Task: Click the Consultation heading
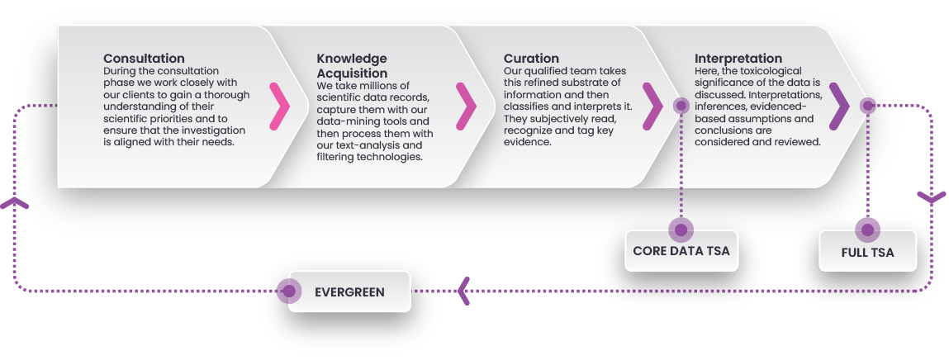pyautogui.click(x=144, y=59)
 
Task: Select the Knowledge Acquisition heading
pyautogui.click(x=352, y=66)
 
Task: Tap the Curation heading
pyautogui.click(x=531, y=59)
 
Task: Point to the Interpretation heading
pyautogui.click(x=738, y=59)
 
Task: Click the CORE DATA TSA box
pyautogui.click(x=681, y=251)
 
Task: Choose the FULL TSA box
pyautogui.click(x=867, y=251)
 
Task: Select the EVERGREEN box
pyautogui.click(x=349, y=291)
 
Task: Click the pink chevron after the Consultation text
pyautogui.click(x=280, y=106)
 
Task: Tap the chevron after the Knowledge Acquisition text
pyautogui.click(x=467, y=106)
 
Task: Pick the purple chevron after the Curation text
pyautogui.click(x=652, y=106)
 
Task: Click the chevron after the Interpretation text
pyautogui.click(x=839, y=106)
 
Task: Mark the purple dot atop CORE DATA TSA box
pyautogui.click(x=681, y=228)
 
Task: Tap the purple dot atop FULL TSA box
pyautogui.click(x=867, y=228)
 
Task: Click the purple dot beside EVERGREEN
pyautogui.click(x=288, y=291)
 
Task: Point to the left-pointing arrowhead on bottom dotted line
pyautogui.click(x=464, y=291)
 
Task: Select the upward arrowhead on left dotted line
pyautogui.click(x=16, y=203)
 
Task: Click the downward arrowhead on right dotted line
pyautogui.click(x=932, y=199)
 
